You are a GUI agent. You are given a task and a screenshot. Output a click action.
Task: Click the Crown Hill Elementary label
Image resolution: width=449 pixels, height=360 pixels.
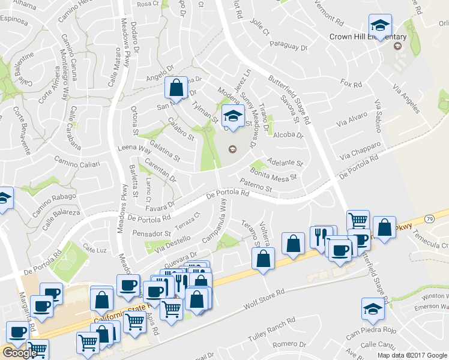click(x=368, y=37)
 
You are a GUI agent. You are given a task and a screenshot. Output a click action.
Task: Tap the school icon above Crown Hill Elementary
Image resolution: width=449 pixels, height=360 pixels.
click(x=379, y=26)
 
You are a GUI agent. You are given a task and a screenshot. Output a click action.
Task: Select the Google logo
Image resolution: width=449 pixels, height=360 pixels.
click(x=19, y=353)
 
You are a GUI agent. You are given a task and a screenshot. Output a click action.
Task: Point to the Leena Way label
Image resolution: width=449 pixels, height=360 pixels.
click(x=134, y=148)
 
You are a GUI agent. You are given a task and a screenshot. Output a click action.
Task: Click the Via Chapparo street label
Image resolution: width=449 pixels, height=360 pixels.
click(x=360, y=151)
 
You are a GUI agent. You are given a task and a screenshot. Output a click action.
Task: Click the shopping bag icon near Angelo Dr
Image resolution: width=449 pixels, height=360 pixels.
click(x=175, y=88)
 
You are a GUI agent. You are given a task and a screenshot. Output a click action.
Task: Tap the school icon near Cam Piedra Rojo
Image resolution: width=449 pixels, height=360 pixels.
click(x=372, y=309)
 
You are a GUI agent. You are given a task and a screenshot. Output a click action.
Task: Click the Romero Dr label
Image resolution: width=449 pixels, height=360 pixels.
click(x=289, y=344)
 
